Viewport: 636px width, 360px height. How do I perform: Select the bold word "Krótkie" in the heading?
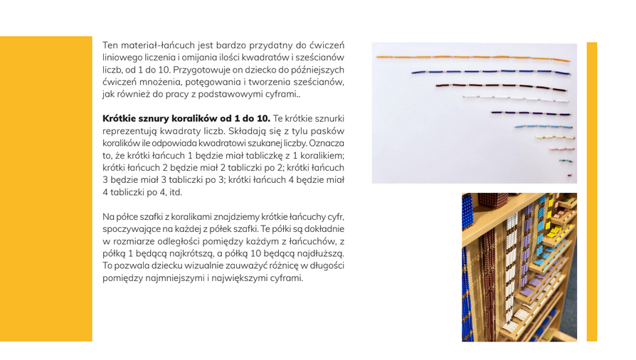121,118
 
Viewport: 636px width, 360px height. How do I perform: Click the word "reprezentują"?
129,131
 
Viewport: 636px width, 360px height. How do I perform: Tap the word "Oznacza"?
327,143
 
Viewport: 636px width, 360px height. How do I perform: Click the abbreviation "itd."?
173,192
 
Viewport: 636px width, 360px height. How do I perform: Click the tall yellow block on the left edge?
46,189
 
